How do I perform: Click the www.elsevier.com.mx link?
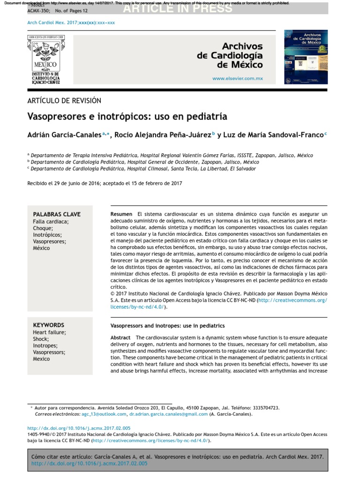pos(237,79)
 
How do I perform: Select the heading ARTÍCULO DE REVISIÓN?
pos(65,101)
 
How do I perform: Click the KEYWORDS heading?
pos(49,325)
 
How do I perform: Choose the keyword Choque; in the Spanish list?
pos(43,228)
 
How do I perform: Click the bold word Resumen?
pos(121,214)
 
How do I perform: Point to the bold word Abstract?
pos(120,338)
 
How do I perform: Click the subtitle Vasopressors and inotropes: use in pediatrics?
pos(167,325)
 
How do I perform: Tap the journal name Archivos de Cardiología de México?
pos(230,56)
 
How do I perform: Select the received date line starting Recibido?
pos(105,183)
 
